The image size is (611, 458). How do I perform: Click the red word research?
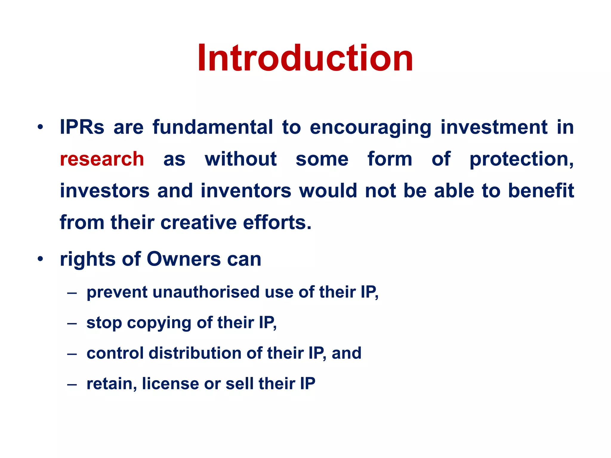(102, 159)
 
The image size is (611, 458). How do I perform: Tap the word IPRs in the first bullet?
(82, 127)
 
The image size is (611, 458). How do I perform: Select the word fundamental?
(213, 127)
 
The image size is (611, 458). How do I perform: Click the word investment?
(494, 127)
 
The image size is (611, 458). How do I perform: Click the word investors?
(105, 191)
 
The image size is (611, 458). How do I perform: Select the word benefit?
(541, 191)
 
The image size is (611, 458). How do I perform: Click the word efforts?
(277, 222)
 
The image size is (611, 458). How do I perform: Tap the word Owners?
(183, 259)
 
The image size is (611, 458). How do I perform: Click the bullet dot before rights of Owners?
(40, 259)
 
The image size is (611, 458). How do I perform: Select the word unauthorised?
(206, 292)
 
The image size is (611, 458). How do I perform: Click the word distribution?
(195, 353)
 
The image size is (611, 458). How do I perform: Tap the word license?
(170, 383)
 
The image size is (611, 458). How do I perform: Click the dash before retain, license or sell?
(72, 384)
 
